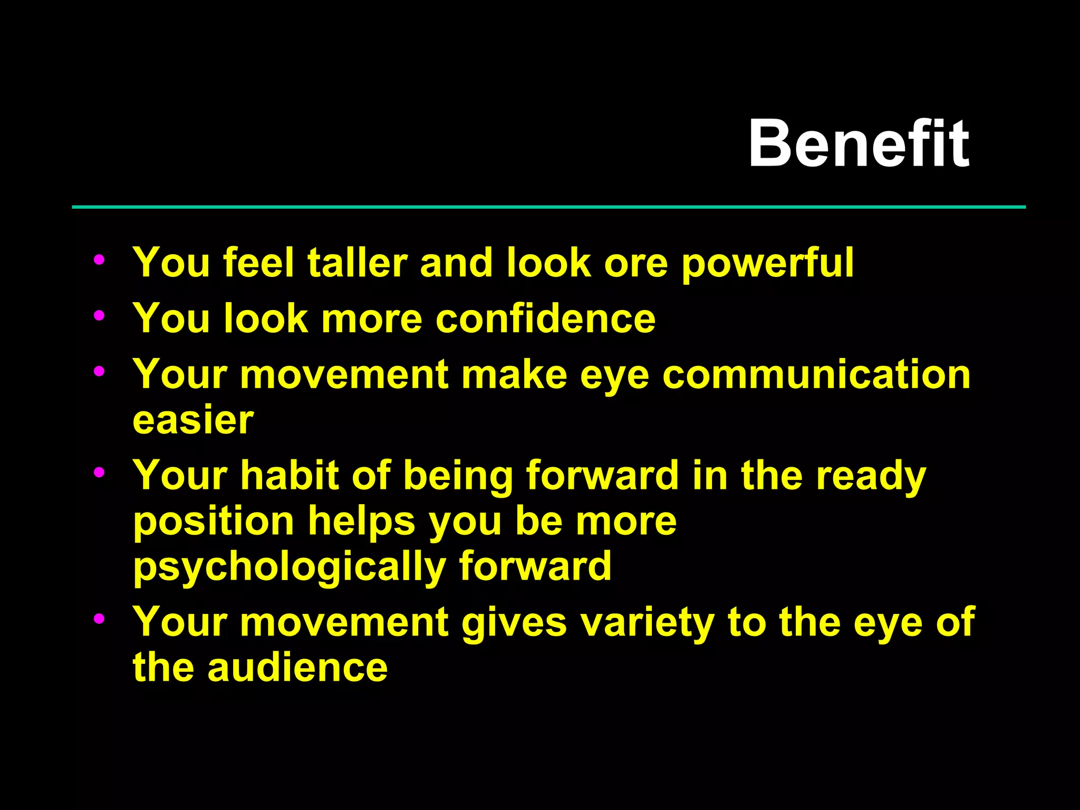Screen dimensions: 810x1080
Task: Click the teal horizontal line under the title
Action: click(548, 207)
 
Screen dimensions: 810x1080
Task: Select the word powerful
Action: click(767, 264)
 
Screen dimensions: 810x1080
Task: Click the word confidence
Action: click(545, 319)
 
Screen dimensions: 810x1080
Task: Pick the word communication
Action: click(816, 374)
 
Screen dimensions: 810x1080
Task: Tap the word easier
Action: click(193, 420)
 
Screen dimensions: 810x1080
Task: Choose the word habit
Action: click(289, 475)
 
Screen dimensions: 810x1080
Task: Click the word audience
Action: click(297, 668)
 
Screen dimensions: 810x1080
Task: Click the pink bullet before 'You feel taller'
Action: click(99, 259)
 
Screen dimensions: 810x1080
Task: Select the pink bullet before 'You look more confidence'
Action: click(99, 315)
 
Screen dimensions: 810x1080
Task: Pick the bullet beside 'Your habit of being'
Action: click(99, 472)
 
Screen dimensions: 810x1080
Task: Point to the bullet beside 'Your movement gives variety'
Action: click(99, 619)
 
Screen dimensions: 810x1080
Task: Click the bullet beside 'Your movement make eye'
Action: click(99, 371)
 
